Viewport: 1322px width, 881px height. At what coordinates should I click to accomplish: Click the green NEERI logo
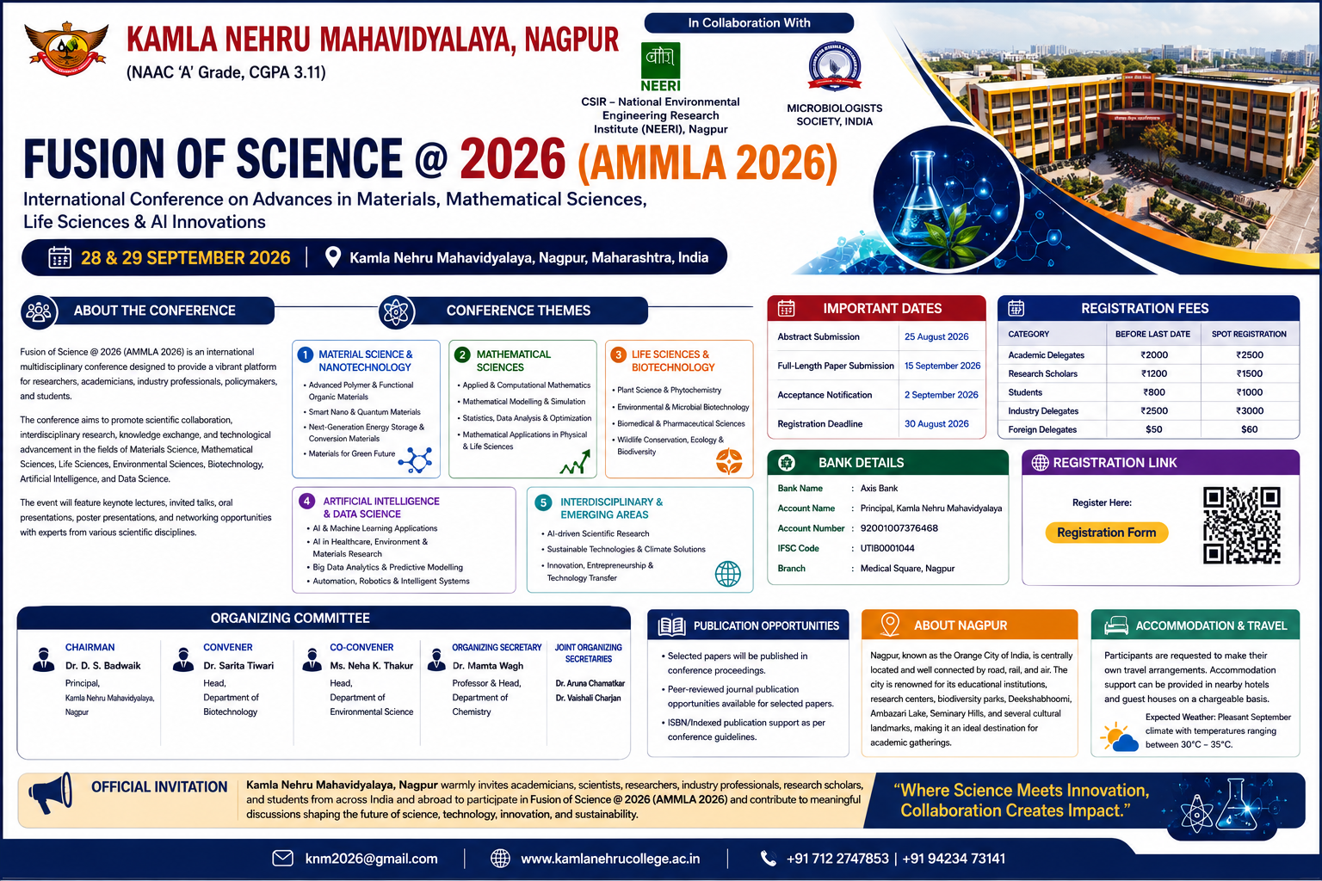point(660,67)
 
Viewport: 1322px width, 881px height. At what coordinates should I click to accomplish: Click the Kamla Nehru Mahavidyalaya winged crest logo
point(66,48)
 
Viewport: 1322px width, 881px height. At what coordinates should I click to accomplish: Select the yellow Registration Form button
point(1106,533)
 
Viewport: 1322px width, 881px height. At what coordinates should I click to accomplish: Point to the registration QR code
point(1241,525)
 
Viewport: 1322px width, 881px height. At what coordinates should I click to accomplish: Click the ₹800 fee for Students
point(1153,392)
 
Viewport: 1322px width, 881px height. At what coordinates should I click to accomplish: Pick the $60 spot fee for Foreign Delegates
point(1249,429)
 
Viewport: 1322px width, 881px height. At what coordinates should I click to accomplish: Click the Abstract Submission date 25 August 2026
point(936,336)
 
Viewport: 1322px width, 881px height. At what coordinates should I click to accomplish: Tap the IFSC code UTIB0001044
point(887,548)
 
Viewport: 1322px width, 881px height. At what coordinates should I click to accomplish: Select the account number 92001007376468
point(899,528)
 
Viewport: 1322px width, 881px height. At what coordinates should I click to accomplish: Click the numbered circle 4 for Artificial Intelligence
point(307,502)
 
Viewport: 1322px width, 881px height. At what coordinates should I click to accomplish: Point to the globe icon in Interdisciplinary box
point(727,574)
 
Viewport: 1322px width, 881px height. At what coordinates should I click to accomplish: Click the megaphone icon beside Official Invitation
point(50,793)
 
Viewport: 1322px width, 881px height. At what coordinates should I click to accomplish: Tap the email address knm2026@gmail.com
point(371,859)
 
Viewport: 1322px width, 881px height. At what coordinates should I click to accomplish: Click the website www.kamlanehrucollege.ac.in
point(610,859)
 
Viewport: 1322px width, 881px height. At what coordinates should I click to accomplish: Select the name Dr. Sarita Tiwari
point(238,666)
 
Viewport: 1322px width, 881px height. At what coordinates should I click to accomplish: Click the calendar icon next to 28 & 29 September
point(59,257)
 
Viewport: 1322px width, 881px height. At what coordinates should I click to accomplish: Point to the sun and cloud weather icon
point(1119,737)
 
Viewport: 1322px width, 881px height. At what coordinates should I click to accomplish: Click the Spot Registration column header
point(1249,334)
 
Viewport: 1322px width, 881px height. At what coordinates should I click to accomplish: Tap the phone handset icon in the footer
point(768,858)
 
